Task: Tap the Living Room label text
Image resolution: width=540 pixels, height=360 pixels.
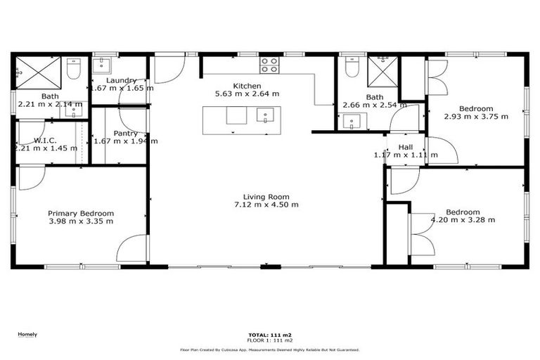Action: [x=266, y=197]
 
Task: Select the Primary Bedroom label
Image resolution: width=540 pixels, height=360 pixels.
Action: [x=81, y=213]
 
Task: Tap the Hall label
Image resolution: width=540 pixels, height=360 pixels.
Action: [x=406, y=147]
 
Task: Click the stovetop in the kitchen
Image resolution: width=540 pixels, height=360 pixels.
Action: [x=269, y=65]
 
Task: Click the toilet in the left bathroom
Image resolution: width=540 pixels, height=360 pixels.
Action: [x=74, y=70]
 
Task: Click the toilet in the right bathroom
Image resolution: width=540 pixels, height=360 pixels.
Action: [x=353, y=67]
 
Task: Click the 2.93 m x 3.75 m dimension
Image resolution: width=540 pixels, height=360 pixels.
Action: [x=476, y=117]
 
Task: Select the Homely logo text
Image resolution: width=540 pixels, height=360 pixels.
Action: [x=27, y=335]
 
